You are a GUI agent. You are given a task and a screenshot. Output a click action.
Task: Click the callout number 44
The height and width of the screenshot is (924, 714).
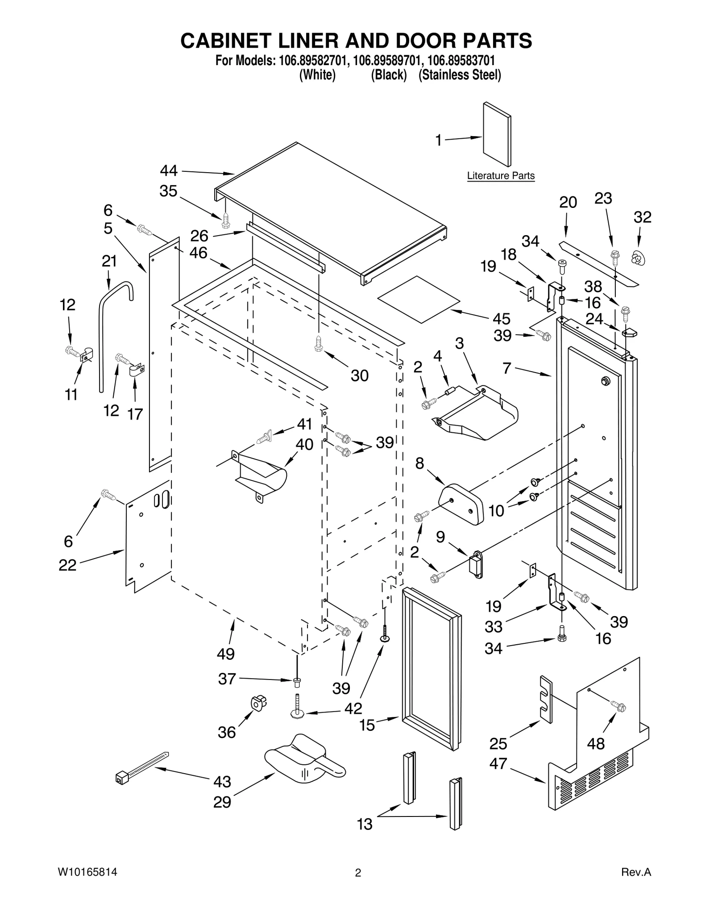[x=169, y=171]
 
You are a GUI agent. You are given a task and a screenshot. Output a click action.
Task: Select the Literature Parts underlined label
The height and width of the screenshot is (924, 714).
[x=500, y=176]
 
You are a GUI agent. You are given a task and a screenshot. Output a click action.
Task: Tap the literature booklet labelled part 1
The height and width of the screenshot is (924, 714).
[x=497, y=134]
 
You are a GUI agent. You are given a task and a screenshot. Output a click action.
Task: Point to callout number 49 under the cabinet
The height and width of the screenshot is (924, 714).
[x=226, y=654]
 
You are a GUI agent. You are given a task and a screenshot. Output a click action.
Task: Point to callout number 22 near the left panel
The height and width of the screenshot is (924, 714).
[x=67, y=565]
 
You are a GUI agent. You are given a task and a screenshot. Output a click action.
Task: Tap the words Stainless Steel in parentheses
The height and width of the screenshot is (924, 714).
[x=460, y=75]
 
